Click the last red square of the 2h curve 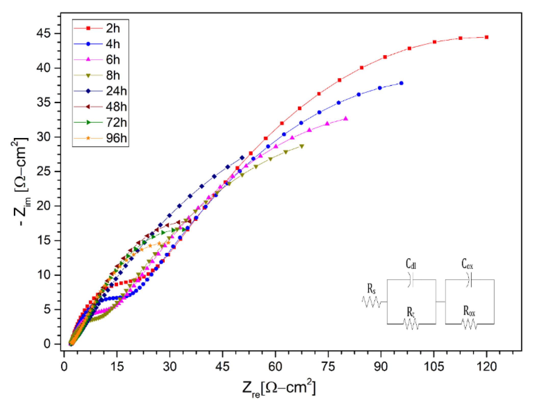pos(486,37)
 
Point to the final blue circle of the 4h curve pos(401,83)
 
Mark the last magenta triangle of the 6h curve pos(346,118)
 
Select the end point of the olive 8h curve pos(302,146)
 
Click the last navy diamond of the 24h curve pos(242,158)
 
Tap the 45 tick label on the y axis pos(44,33)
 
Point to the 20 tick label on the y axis pos(44,206)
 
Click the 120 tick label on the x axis pos(486,367)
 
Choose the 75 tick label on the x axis pos(328,367)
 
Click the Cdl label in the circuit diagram pos(411,264)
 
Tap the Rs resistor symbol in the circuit pos(371,302)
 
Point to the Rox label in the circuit pos(469,311)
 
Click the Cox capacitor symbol pos(470,280)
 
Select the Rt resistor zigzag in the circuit pos(411,324)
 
